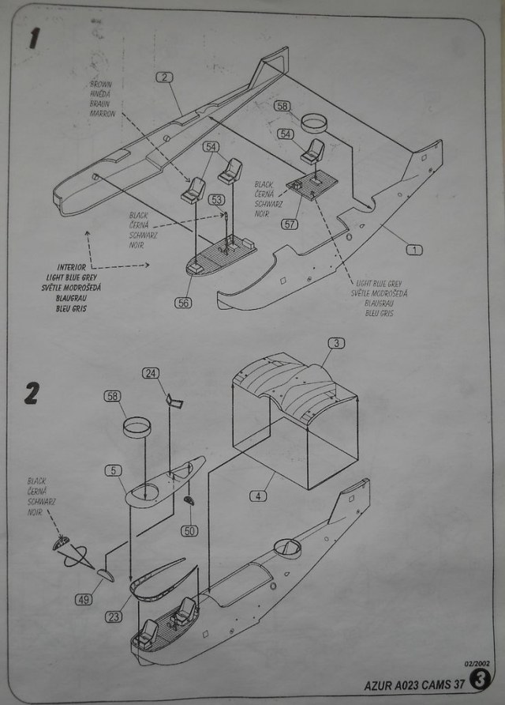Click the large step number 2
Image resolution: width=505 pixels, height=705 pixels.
coord(32,393)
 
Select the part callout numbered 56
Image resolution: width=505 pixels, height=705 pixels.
coord(183,303)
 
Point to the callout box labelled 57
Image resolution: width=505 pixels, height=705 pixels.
coord(290,224)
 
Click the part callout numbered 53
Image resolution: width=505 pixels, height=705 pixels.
coord(216,199)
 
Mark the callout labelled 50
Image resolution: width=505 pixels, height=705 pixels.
coord(189,530)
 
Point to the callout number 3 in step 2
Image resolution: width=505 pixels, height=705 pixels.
coord(336,343)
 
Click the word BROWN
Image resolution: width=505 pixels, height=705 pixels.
coord(103,84)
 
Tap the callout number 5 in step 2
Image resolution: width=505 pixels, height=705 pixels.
coord(114,470)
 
